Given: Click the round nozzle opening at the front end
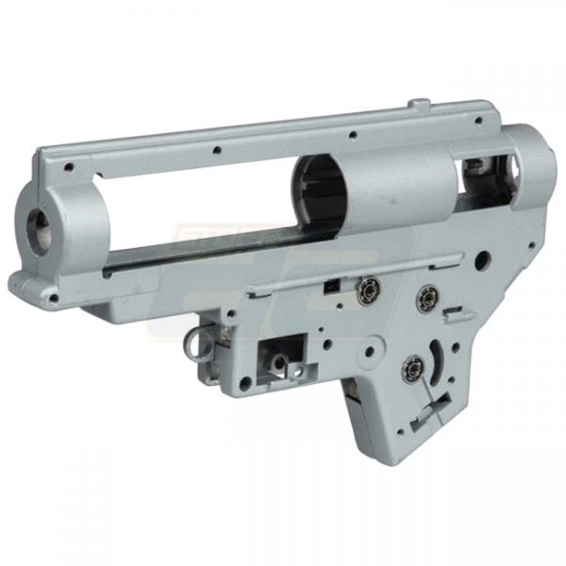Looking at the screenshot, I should pyautogui.click(x=41, y=221).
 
